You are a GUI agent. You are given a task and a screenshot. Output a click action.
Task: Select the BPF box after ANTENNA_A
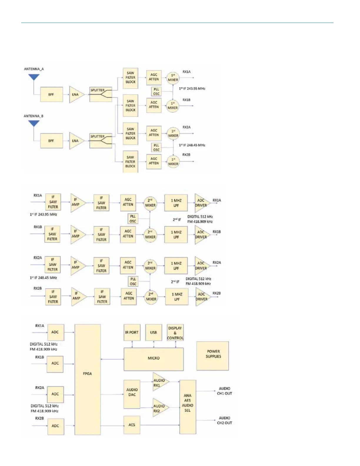coord(51,94)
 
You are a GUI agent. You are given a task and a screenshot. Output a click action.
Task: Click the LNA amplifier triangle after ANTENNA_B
coord(76,141)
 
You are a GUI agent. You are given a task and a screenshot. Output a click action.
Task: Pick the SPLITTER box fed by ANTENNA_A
coord(101,94)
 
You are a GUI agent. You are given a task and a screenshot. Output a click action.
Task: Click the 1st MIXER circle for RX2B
coord(173,162)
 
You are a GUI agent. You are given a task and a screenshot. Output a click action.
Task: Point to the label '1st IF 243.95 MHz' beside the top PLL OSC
coord(192,89)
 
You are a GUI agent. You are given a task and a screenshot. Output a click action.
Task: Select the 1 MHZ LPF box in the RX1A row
coord(176,203)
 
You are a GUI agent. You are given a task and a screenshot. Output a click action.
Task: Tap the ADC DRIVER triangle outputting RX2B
coord(202,297)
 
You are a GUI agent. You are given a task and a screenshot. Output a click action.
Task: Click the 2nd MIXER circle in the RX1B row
coord(150,235)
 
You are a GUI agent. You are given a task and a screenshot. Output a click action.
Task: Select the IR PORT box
coord(132,332)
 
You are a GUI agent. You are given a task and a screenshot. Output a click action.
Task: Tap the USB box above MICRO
coord(154,332)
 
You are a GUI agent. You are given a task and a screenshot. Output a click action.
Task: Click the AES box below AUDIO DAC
coord(132,425)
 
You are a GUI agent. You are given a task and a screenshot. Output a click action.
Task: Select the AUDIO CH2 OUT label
coord(224,420)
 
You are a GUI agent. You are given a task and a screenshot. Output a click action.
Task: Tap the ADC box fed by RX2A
coord(55,394)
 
